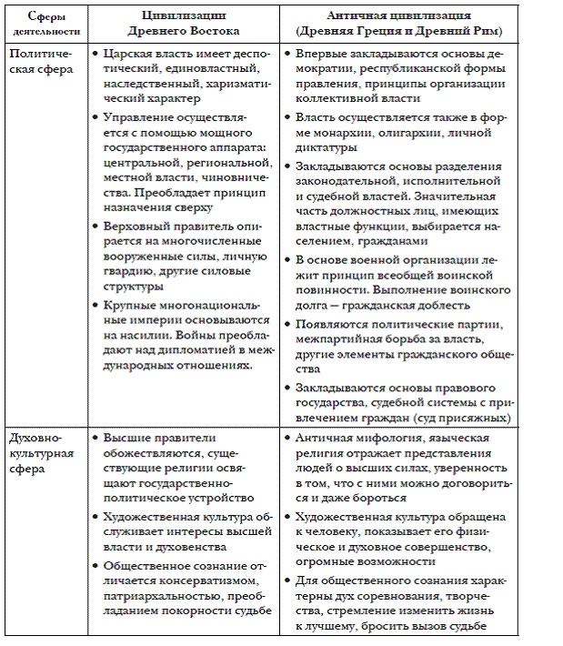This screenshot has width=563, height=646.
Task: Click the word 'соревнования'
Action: click(398, 595)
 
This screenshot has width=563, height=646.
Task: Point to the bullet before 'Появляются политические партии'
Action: click(287, 324)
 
